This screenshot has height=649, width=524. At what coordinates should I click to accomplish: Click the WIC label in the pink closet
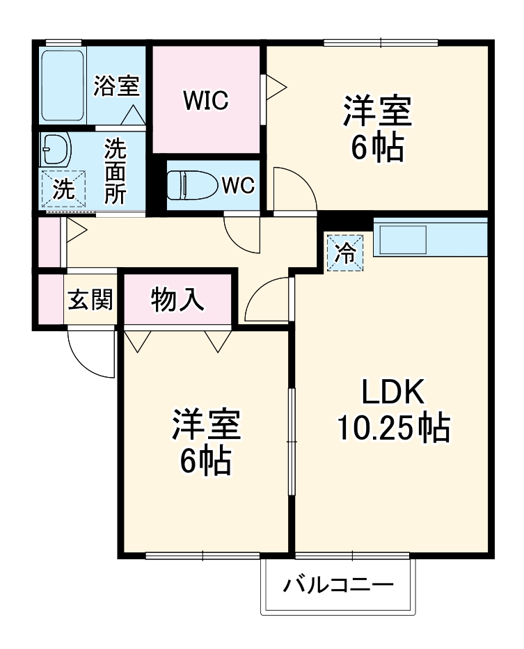tap(206, 101)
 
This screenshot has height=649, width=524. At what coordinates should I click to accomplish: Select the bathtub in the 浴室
tap(63, 86)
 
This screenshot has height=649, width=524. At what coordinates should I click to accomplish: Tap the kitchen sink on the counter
tap(402, 239)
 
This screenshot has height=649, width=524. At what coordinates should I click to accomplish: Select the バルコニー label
tap(338, 584)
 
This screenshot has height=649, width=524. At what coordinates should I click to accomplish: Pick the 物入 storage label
tap(177, 300)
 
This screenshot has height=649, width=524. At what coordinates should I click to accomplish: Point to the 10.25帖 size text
tap(393, 428)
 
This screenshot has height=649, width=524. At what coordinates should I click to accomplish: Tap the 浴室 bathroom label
tap(116, 86)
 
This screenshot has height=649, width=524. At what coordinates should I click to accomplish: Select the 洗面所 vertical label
tap(115, 171)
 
